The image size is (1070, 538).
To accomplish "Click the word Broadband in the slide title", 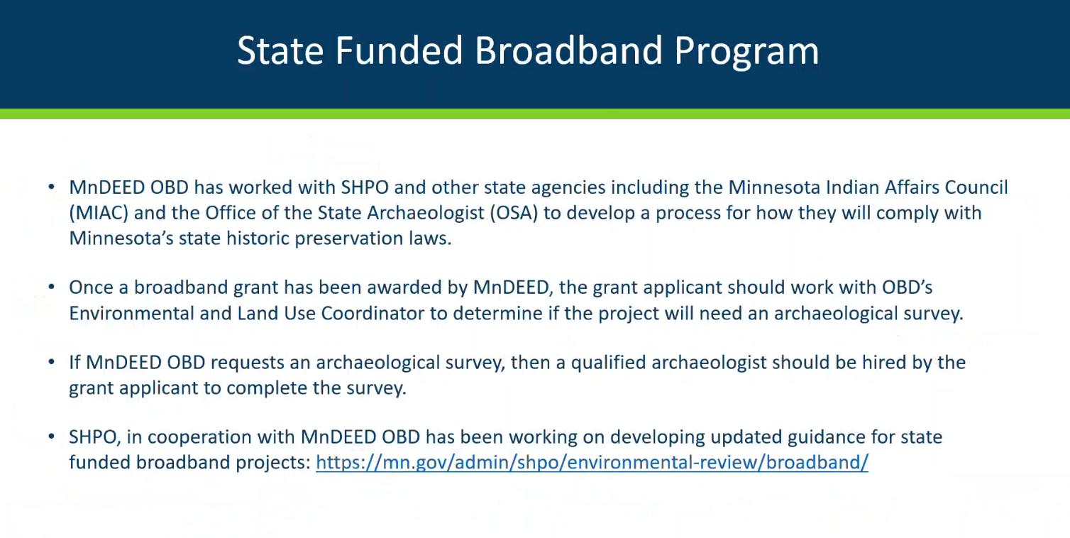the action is coord(568,50).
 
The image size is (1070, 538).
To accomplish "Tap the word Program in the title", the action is coord(746,53).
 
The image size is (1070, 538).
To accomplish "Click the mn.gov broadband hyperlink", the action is coord(592,463).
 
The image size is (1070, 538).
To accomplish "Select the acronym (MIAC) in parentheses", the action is coord(99,213).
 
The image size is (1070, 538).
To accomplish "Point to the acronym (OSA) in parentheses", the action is coord(514,213).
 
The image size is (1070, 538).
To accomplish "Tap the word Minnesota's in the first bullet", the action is coord(121,238).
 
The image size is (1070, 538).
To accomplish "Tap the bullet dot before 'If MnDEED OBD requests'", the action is coord(52,362).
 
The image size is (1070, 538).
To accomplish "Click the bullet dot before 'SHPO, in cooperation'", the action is coord(52,437).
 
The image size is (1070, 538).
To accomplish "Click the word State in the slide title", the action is coord(280,50).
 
